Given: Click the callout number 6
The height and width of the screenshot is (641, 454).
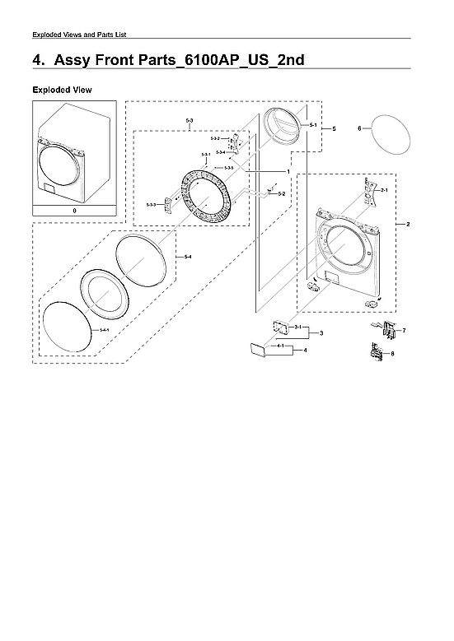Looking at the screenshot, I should pos(360,128).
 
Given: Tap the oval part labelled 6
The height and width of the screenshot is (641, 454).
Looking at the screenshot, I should pos(387,136).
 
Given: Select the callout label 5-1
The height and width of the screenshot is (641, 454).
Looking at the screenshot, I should pos(313,123).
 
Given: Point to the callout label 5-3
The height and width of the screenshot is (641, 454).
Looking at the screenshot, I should pos(190,121).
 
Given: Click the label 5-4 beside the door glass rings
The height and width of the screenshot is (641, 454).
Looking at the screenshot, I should pos(188,258).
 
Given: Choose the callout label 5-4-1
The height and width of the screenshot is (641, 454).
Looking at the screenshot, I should pos(104,329).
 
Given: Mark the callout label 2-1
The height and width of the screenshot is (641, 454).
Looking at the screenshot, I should pos(383,190).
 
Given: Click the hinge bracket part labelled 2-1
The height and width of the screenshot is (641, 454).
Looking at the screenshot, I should pos(364,191).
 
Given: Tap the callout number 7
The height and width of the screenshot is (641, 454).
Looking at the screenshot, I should pos(404,330).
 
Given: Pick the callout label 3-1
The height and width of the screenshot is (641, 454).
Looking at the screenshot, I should pos(297,327).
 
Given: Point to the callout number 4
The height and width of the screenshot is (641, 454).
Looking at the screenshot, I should pos(305,351).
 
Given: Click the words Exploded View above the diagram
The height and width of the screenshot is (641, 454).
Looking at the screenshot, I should pos(62,88).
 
